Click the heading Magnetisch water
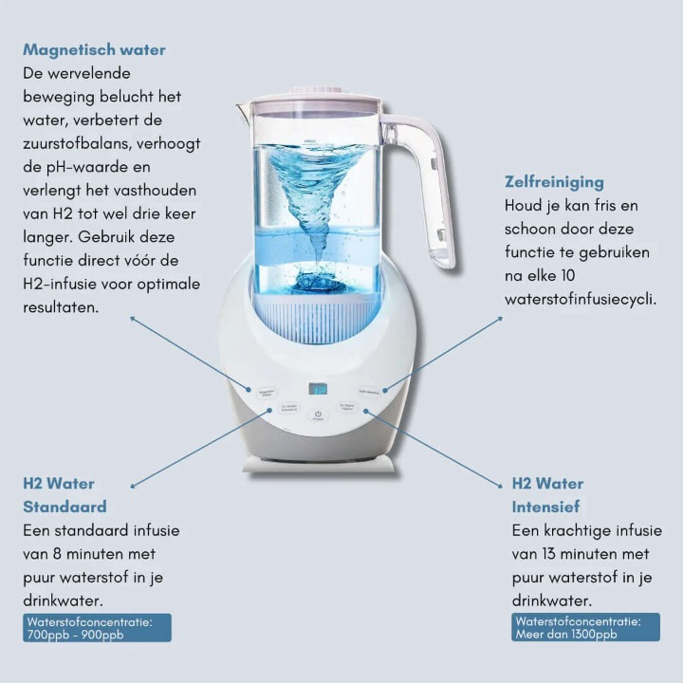(x=94, y=49)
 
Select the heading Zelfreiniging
(x=554, y=181)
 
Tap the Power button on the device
(x=318, y=415)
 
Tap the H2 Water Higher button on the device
(x=348, y=408)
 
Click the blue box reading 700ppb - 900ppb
(x=98, y=627)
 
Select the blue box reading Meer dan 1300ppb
(x=585, y=627)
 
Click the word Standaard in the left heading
(x=65, y=507)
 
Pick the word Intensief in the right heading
(x=545, y=507)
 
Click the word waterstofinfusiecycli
(x=580, y=299)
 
